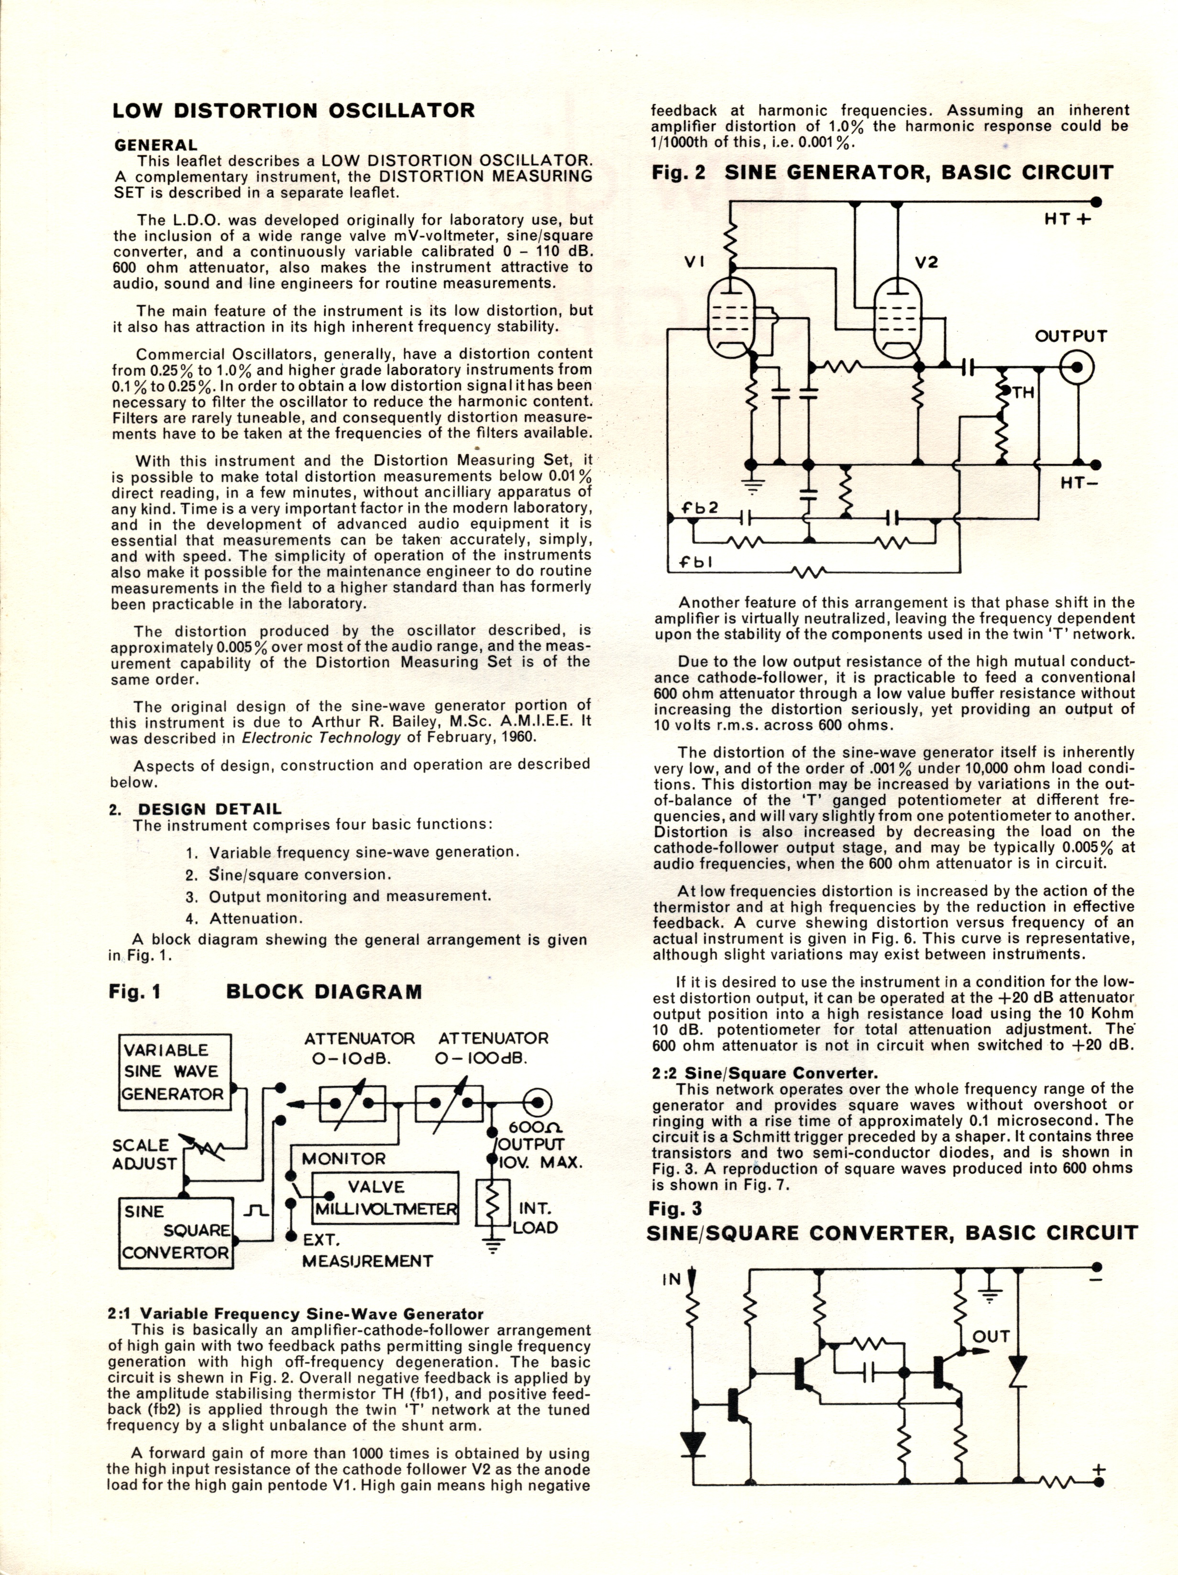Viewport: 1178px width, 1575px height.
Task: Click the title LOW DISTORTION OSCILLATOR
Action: [294, 111]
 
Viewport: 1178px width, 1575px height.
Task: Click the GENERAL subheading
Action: [155, 145]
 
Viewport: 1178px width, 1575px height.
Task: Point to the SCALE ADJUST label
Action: [144, 1154]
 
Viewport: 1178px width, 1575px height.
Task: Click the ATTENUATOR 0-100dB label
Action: [493, 1048]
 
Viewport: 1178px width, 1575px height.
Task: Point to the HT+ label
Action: [1068, 220]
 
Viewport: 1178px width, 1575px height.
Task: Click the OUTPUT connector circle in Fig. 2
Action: [1077, 367]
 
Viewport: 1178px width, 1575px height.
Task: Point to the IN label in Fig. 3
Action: [672, 1279]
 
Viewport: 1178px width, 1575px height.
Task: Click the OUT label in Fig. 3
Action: [991, 1336]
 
